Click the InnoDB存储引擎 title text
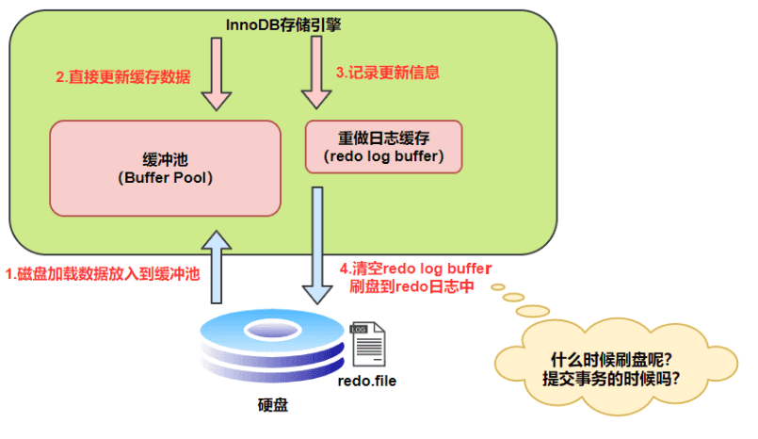point(283,24)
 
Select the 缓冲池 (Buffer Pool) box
point(166,169)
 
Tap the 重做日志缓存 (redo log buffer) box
point(384,147)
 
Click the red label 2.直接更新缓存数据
point(123,77)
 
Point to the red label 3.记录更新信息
point(388,73)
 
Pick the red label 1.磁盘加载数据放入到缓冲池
point(103,274)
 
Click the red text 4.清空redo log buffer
point(416,268)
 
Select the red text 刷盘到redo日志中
point(411,286)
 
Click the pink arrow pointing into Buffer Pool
point(217,74)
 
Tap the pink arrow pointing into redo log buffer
point(316,73)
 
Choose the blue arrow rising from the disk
point(217,267)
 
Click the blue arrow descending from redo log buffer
point(317,246)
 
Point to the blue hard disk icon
point(272,345)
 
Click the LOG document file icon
point(368,344)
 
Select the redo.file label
point(367,381)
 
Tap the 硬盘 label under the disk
point(273,405)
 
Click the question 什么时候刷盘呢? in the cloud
point(611,360)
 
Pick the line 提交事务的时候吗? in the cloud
point(611,378)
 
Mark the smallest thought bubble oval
point(498,287)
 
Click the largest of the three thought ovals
point(533,311)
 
